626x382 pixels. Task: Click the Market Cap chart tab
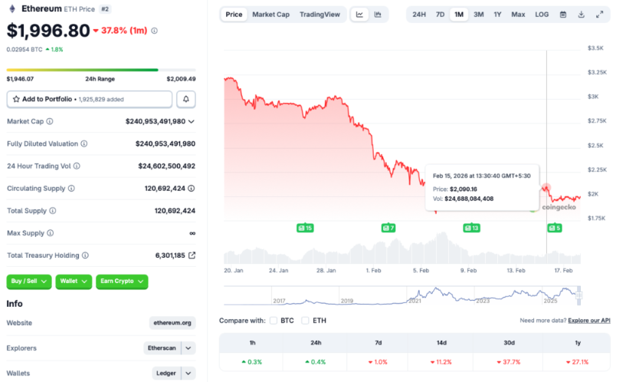click(x=270, y=15)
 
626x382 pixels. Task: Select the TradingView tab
click(x=320, y=15)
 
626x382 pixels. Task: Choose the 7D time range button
click(x=440, y=15)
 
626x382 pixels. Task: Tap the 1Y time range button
click(x=497, y=15)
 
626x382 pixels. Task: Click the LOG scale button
click(x=541, y=15)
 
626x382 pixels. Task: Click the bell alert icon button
click(x=185, y=99)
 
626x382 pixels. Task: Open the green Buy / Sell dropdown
click(x=29, y=282)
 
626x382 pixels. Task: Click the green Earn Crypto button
click(x=122, y=282)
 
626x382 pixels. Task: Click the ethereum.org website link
click(x=172, y=323)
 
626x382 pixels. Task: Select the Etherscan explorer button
click(x=162, y=347)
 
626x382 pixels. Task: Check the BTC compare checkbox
click(x=274, y=321)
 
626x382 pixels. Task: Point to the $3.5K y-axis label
click(x=595, y=48)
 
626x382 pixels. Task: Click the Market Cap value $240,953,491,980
click(x=156, y=121)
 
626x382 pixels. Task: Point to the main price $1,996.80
click(x=48, y=31)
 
